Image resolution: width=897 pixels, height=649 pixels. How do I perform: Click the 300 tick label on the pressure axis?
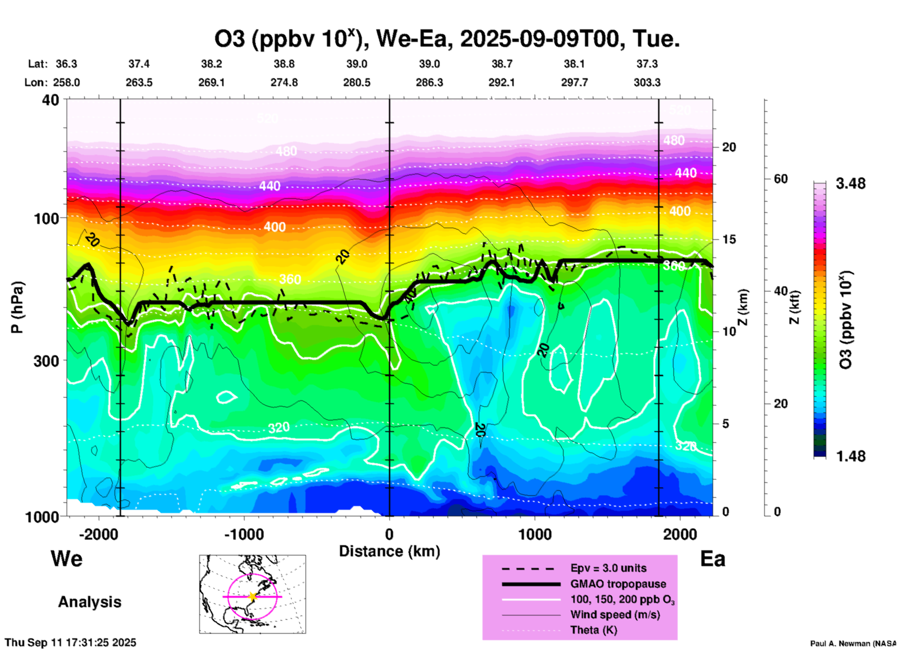pos(46,361)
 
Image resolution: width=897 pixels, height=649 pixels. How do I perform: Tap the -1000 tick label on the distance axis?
pos(244,534)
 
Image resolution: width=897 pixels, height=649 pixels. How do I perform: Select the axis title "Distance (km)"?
pos(389,551)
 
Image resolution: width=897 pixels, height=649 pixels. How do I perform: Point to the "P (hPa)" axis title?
pos(17,307)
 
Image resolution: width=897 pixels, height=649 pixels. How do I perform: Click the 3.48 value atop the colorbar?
pos(850,184)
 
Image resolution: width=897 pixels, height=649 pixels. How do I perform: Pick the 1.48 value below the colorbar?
pos(850,456)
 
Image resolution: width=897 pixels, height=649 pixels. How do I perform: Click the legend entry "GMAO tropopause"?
pos(618,584)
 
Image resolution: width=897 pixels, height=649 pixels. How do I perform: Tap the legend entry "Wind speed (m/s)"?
pos(615,615)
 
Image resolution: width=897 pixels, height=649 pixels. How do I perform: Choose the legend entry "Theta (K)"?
pos(593,630)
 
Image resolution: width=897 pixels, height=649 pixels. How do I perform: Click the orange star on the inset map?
pos(252,596)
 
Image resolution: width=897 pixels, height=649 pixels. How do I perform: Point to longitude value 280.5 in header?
pos(357,83)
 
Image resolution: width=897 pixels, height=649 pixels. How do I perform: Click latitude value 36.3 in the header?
pos(66,64)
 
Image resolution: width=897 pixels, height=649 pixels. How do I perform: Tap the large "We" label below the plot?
pos(67,559)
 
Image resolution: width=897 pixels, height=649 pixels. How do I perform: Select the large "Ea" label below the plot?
pos(713,559)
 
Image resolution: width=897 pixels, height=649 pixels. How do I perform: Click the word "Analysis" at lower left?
pos(89,602)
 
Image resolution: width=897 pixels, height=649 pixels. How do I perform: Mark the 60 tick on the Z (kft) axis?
pos(781,179)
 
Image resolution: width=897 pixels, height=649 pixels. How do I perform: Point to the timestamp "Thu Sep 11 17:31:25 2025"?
pos(70,642)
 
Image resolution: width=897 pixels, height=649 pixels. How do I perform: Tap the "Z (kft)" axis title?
pos(795,307)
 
